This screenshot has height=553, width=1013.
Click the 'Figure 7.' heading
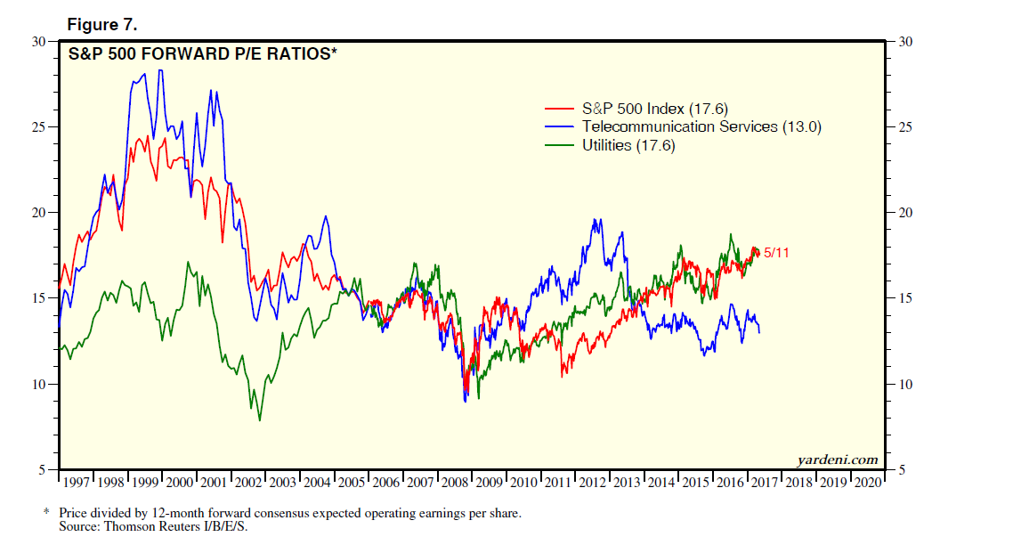[101, 24]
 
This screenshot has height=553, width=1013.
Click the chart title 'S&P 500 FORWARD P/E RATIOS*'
[203, 54]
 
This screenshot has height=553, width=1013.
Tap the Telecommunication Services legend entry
[701, 126]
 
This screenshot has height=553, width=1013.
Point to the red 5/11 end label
[776, 253]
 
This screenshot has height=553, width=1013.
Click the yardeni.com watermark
[837, 459]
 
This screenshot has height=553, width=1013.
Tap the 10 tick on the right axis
[904, 384]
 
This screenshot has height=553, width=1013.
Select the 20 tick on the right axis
[904, 213]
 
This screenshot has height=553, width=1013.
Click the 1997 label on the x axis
[77, 482]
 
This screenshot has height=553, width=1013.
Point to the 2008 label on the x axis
[455, 482]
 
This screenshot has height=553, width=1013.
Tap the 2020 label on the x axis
[868, 482]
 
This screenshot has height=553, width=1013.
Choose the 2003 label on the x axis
[283, 482]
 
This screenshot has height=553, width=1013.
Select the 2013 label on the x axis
[627, 482]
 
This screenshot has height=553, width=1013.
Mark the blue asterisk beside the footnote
[47, 514]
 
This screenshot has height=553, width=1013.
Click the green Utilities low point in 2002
[259, 419]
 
